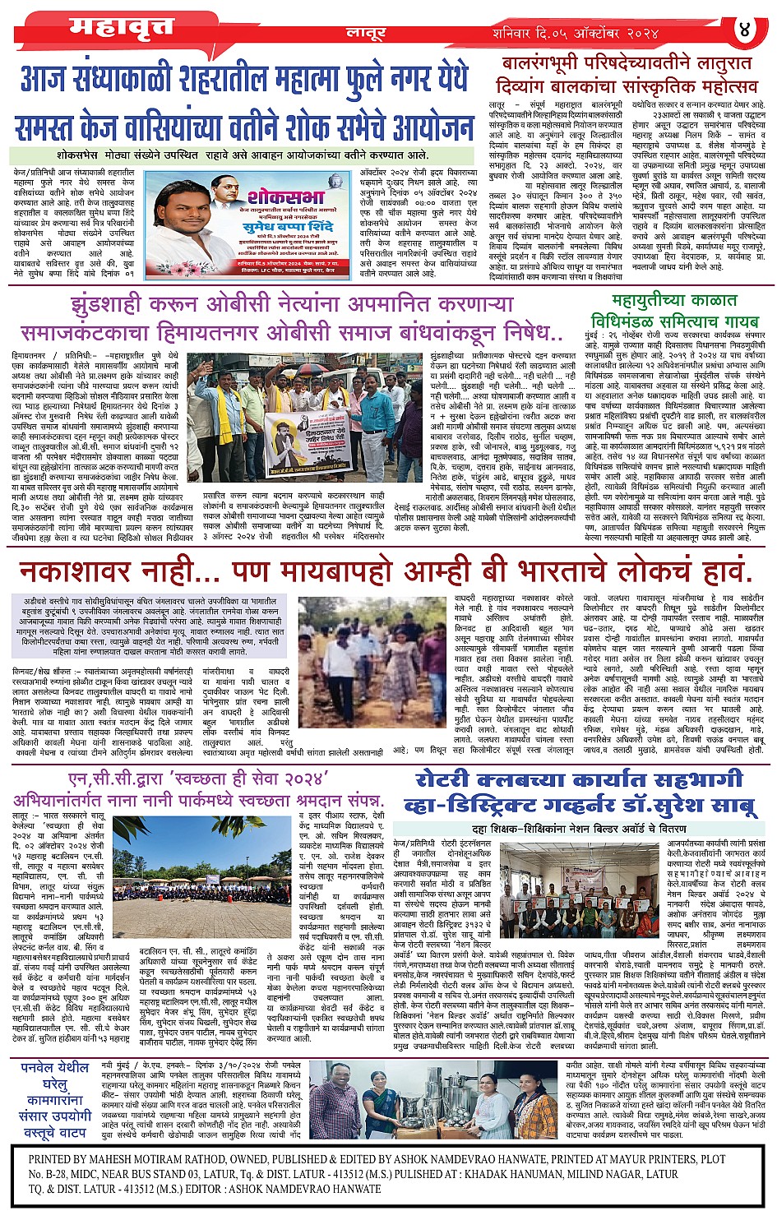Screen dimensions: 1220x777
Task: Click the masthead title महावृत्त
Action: [x=122, y=27]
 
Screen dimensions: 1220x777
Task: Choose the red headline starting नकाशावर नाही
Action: [x=385, y=571]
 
